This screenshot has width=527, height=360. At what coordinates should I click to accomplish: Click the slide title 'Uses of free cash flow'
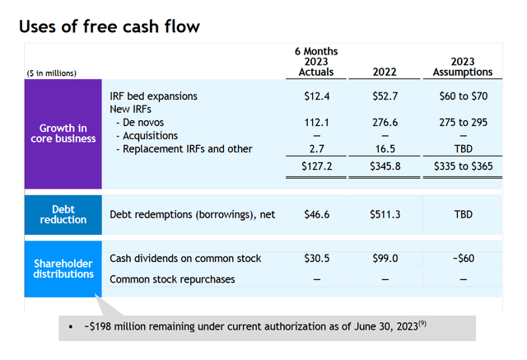(110, 26)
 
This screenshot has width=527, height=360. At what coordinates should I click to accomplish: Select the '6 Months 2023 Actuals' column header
(316, 62)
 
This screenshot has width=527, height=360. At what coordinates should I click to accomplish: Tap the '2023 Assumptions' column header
(463, 67)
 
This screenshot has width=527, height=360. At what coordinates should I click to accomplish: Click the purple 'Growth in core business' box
(63, 133)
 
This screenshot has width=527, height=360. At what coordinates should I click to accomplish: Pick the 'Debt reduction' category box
(63, 214)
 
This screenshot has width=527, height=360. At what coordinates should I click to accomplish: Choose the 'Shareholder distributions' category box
(63, 269)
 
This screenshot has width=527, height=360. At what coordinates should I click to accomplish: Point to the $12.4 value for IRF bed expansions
(316, 96)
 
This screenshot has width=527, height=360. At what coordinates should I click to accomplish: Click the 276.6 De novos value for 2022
(385, 123)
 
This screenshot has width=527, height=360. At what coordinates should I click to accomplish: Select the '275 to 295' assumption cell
(463, 123)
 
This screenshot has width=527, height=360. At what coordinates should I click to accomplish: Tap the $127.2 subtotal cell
(316, 166)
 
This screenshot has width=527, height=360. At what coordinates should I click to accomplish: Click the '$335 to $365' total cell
(463, 166)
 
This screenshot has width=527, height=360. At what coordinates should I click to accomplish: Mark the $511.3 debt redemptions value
(385, 214)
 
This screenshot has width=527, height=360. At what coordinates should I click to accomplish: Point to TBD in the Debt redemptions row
(464, 214)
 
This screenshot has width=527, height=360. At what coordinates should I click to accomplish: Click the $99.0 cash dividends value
(385, 258)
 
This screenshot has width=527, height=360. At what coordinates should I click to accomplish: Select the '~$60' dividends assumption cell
(464, 258)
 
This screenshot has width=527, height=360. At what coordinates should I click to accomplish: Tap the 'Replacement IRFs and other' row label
(187, 149)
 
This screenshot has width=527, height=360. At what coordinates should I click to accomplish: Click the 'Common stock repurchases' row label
(172, 279)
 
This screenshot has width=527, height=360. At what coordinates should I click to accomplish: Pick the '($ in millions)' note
(51, 73)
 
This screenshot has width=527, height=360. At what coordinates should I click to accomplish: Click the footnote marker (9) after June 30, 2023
(422, 324)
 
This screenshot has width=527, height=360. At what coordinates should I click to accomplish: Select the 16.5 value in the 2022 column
(385, 149)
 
